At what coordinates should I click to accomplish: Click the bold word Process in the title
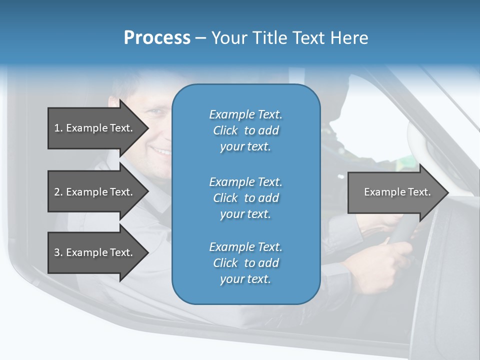tap(157, 38)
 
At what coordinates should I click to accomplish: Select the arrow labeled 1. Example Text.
tap(93, 128)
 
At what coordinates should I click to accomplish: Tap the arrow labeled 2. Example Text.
tap(93, 192)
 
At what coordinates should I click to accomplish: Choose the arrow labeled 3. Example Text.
tap(93, 252)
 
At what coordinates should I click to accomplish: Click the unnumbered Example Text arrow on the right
tap(397, 192)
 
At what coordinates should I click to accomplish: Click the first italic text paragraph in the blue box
tap(245, 130)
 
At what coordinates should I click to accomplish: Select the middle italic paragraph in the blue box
tap(245, 198)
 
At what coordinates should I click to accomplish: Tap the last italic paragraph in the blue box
tap(245, 263)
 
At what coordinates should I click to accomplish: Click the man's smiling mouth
tap(161, 149)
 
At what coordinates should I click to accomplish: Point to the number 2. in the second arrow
tap(58, 192)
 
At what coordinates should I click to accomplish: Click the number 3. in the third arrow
tap(58, 252)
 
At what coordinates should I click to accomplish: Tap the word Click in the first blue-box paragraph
tap(225, 130)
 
